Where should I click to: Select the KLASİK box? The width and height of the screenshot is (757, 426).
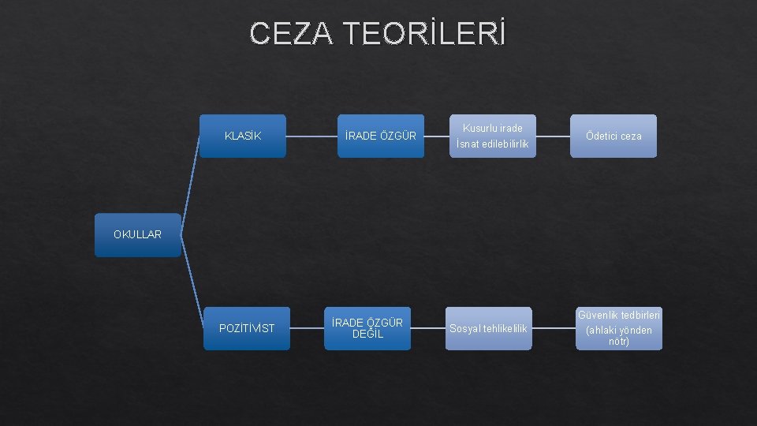(243, 136)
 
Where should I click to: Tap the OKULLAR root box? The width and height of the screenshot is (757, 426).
(137, 234)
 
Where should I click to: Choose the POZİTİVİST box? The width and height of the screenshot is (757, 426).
(247, 328)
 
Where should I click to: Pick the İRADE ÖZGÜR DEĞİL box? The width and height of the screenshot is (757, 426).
(367, 328)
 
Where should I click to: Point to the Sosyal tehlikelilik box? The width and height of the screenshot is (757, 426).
(488, 328)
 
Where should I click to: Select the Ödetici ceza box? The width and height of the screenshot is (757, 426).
(613, 136)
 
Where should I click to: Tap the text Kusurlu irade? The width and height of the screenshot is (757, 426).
(493, 128)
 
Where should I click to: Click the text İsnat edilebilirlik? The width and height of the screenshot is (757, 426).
(492, 144)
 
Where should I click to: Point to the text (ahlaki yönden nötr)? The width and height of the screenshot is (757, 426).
(619, 335)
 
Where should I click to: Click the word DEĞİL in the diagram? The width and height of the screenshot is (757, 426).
(367, 334)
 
